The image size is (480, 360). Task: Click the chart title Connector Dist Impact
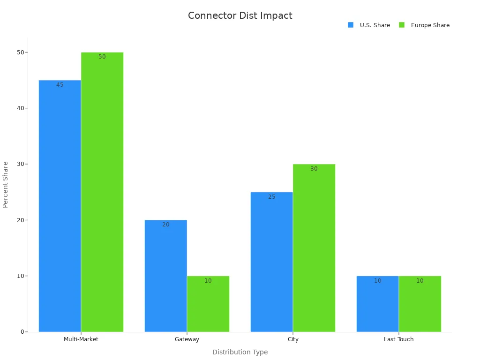point(240,15)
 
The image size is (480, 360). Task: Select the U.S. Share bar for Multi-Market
point(60,206)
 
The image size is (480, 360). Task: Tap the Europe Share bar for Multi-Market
point(102,192)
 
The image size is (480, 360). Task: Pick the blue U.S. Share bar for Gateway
point(165,276)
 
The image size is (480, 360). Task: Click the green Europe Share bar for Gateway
point(208,304)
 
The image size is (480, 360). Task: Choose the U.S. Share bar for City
point(271,262)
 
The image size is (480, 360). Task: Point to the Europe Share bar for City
point(314,248)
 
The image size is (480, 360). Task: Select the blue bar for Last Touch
point(377,304)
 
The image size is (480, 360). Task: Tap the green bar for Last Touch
point(420,304)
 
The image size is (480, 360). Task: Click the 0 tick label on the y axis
point(22,332)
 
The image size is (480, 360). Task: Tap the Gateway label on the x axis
point(187,339)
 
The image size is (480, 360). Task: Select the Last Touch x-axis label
point(398,339)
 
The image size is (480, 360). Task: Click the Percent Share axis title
point(6,185)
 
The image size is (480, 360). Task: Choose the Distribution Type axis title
point(240,352)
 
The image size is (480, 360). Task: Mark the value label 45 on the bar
point(60,85)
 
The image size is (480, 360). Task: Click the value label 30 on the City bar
point(314,169)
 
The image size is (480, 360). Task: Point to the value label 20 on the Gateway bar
point(166,225)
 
